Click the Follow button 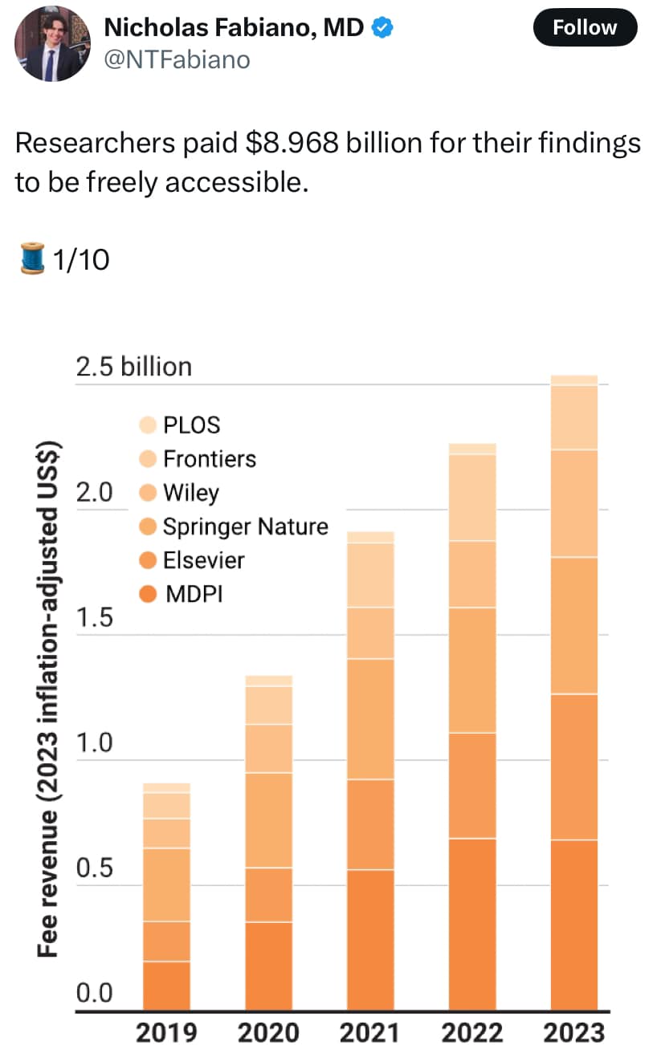pos(584,28)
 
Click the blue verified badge pos(384,28)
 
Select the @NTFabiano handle pos(177,59)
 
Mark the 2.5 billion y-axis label pos(134,367)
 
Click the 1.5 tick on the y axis pos(93,618)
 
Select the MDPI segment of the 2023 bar pos(574,923)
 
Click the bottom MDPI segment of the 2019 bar pos(166,986)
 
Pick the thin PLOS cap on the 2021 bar pos(370,537)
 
